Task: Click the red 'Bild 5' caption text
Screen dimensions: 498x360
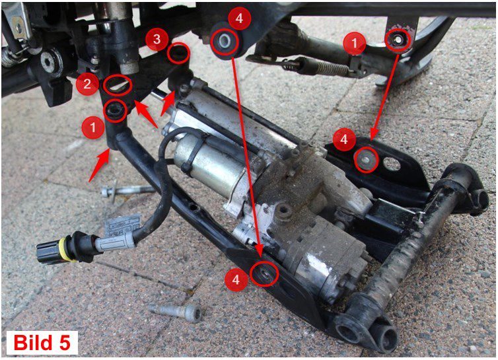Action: pyautogui.click(x=42, y=343)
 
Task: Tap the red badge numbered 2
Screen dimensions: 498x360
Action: pyautogui.click(x=87, y=84)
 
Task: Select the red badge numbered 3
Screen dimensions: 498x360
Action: pyautogui.click(x=157, y=40)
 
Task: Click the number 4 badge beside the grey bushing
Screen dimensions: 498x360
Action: pyautogui.click(x=240, y=18)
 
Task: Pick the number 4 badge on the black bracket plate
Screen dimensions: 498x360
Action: pyautogui.click(x=344, y=139)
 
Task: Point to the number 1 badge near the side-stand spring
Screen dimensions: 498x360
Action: pyautogui.click(x=355, y=43)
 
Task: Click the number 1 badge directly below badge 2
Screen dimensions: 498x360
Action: pyautogui.click(x=92, y=127)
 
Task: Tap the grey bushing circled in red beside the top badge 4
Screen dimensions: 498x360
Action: pyautogui.click(x=225, y=41)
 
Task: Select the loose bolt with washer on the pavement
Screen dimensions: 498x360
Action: pyautogui.click(x=127, y=191)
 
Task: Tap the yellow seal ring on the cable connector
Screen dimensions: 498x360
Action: pyautogui.click(x=67, y=249)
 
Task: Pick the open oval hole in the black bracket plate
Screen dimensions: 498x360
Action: pyautogui.click(x=392, y=164)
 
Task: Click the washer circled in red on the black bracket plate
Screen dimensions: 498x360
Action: pyautogui.click(x=367, y=160)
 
